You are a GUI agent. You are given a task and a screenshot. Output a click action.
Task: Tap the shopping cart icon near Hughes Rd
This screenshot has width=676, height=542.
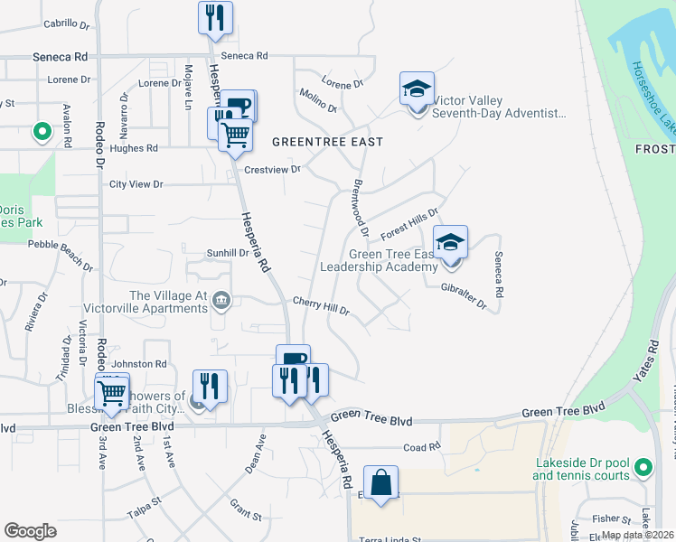coord(235,135)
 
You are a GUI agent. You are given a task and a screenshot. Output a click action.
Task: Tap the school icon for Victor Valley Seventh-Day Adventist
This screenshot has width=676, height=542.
coord(417,89)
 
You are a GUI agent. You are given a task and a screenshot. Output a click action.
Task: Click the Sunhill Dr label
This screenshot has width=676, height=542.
coord(228,253)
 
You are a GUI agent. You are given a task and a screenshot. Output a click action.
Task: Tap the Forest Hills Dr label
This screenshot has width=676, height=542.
coord(408,220)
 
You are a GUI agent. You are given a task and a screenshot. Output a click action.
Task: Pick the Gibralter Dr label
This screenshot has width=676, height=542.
coord(465,301)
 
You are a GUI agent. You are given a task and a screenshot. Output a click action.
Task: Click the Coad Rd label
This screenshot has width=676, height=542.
coord(421,446)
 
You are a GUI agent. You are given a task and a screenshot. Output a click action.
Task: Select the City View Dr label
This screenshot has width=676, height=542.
coord(136,184)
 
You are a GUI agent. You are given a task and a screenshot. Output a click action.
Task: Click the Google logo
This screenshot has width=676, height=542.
coord(31,531)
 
